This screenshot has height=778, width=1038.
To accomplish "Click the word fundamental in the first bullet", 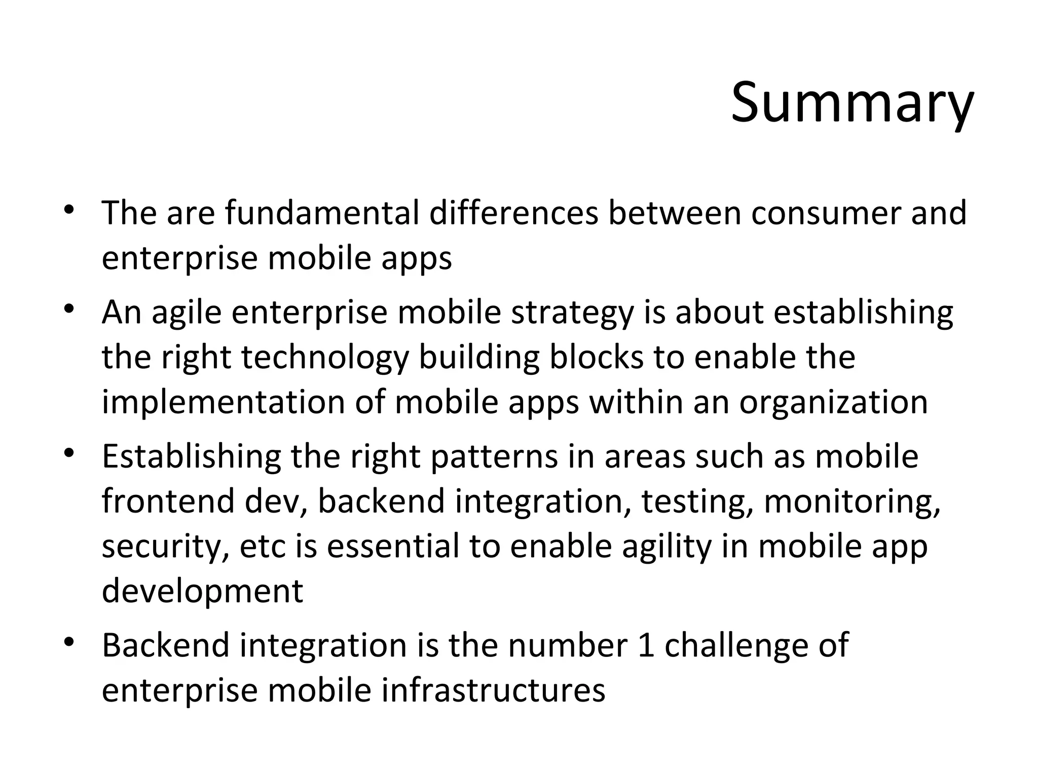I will [x=322, y=213].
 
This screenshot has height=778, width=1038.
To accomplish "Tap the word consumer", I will [x=826, y=213].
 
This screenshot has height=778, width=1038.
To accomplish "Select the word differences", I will [x=514, y=213].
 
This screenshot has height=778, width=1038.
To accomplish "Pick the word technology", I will [x=324, y=358].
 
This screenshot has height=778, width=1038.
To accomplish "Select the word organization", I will [x=833, y=403].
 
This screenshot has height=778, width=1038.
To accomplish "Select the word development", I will [x=202, y=591].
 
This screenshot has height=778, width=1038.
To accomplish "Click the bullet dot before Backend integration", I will [x=70, y=643].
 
